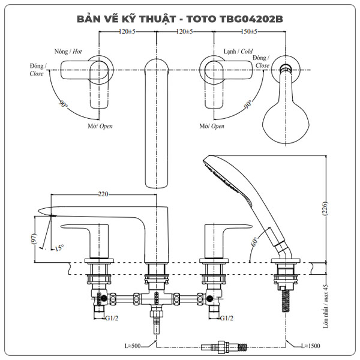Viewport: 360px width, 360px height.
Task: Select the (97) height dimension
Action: click(x=35, y=239)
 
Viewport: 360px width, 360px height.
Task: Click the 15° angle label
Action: click(x=58, y=247)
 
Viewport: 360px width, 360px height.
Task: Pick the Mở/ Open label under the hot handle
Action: click(x=100, y=127)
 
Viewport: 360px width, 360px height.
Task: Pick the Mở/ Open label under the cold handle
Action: click(x=211, y=127)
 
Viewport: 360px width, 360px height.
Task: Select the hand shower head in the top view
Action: click(x=286, y=114)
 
